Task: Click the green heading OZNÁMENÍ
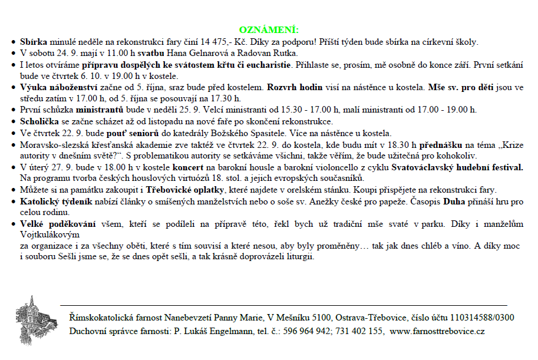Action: point(269,29)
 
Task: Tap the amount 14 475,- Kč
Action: point(279,42)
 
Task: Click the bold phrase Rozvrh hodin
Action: point(294,87)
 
